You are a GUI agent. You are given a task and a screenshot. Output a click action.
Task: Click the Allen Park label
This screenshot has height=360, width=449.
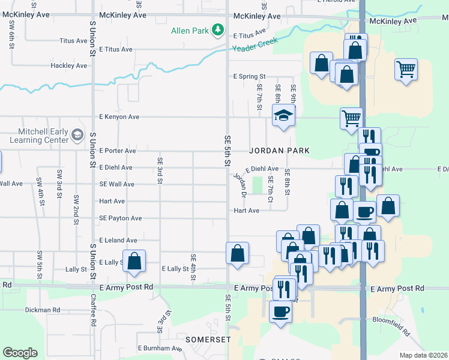(189, 30)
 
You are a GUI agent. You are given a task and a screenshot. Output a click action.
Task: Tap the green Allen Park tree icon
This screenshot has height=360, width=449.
(218, 29)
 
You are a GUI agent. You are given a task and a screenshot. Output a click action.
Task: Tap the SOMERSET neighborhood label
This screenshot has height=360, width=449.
(208, 339)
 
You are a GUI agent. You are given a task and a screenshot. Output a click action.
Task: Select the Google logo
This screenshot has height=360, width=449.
(20, 353)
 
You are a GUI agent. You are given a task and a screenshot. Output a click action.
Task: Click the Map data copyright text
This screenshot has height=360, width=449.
(423, 355)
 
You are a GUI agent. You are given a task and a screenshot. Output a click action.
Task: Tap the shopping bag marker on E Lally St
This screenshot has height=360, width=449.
(135, 260)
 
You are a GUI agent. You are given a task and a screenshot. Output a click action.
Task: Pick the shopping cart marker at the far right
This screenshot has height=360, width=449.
(406, 69)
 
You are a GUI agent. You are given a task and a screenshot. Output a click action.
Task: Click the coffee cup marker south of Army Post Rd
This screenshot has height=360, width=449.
(280, 311)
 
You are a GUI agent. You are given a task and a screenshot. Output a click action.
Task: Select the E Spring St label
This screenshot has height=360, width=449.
(249, 77)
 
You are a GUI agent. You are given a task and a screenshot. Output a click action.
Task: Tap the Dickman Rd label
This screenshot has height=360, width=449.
(43, 310)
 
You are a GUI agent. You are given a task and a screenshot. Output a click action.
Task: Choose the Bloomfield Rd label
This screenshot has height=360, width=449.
(398, 327)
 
